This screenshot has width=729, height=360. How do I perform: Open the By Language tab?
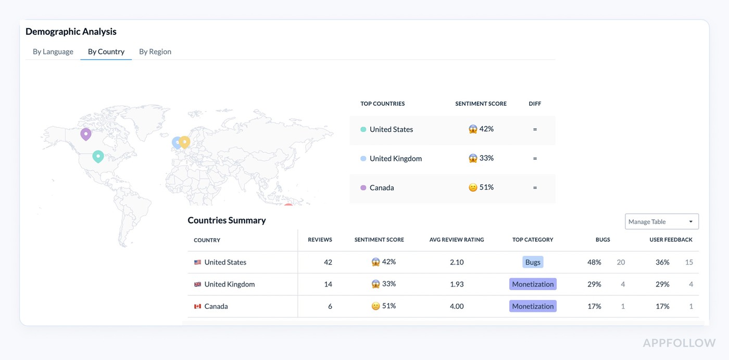pos(53,52)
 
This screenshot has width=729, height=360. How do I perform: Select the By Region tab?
pos(155,52)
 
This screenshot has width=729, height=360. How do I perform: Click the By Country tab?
pos(106,52)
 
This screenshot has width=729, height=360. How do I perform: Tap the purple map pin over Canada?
pos(86,134)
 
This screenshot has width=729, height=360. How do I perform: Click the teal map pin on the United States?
pos(98,156)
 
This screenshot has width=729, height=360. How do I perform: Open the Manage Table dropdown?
pos(661,221)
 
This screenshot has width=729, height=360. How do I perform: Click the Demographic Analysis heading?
pos(71,31)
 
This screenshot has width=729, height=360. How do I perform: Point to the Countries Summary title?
pos(227,220)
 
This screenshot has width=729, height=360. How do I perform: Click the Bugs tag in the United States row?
pos(533,262)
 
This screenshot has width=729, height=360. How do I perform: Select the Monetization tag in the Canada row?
pos(533,306)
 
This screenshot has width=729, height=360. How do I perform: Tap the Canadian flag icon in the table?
pos(197,306)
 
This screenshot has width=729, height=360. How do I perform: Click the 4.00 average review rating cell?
pos(457,306)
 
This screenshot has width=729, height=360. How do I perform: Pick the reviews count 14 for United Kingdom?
pos(328,284)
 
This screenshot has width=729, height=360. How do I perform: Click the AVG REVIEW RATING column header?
pos(457,240)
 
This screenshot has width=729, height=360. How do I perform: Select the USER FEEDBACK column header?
pos(671,240)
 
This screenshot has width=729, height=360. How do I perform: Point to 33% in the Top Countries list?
pos(486,158)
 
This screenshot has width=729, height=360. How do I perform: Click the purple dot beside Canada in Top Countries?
pos(363,188)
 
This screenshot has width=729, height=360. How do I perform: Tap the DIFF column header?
pos(535,104)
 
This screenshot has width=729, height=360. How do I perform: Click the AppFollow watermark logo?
pos(679,343)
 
